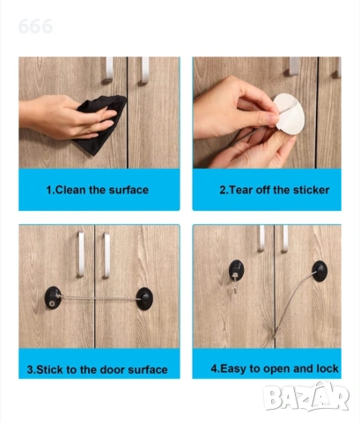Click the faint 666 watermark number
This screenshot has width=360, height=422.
tap(35, 26)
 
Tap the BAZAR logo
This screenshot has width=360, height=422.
tap(306, 397)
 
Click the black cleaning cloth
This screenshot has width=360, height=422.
tap(99, 124)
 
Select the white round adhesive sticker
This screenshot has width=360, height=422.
tap(289, 113)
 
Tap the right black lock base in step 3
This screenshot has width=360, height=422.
tap(144, 299)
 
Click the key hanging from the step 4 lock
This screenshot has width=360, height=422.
tap(235, 283)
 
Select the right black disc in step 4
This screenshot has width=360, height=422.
tap(320, 271)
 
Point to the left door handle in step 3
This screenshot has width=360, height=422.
tap(81, 254)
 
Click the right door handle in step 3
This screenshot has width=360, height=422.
tap(107, 255)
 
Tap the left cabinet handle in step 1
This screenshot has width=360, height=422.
tap(109, 69)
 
